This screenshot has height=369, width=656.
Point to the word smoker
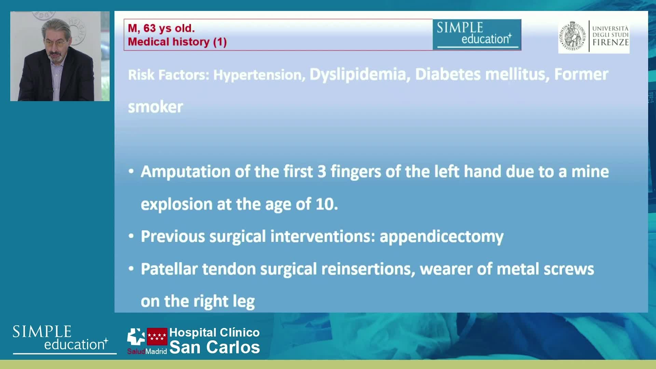tap(155, 107)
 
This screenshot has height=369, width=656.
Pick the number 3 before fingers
tap(322, 172)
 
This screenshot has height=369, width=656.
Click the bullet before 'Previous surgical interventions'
tap(131, 236)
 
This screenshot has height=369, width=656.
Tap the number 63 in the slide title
tap(150, 28)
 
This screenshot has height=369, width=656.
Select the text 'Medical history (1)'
tap(177, 42)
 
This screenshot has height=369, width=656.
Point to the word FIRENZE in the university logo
tap(611, 42)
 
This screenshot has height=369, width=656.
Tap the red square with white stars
tap(157, 337)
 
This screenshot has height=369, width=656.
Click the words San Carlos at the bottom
tap(215, 347)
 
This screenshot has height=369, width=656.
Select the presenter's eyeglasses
tap(55, 43)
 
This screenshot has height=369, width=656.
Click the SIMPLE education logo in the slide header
tap(477, 35)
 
